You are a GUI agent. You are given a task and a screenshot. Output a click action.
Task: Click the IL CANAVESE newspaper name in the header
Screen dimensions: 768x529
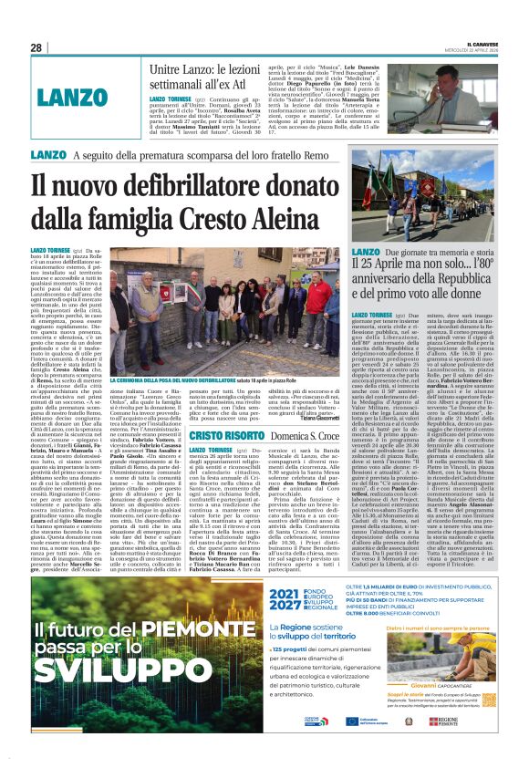tap(477, 42)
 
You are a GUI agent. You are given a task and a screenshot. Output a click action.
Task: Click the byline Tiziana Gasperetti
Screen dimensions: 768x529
tap(316, 420)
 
